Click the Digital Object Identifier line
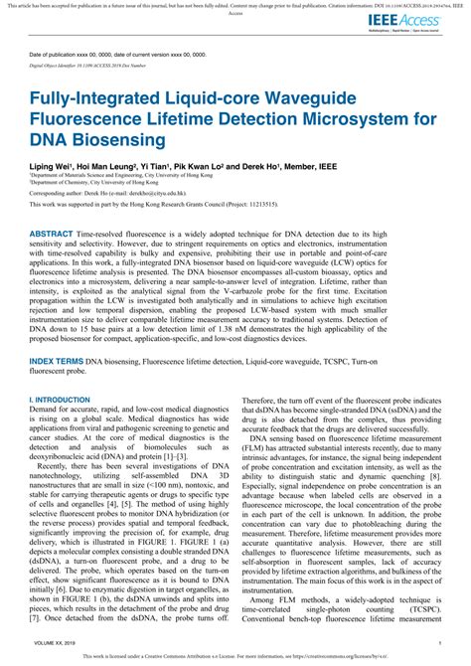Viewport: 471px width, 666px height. [89, 65]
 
